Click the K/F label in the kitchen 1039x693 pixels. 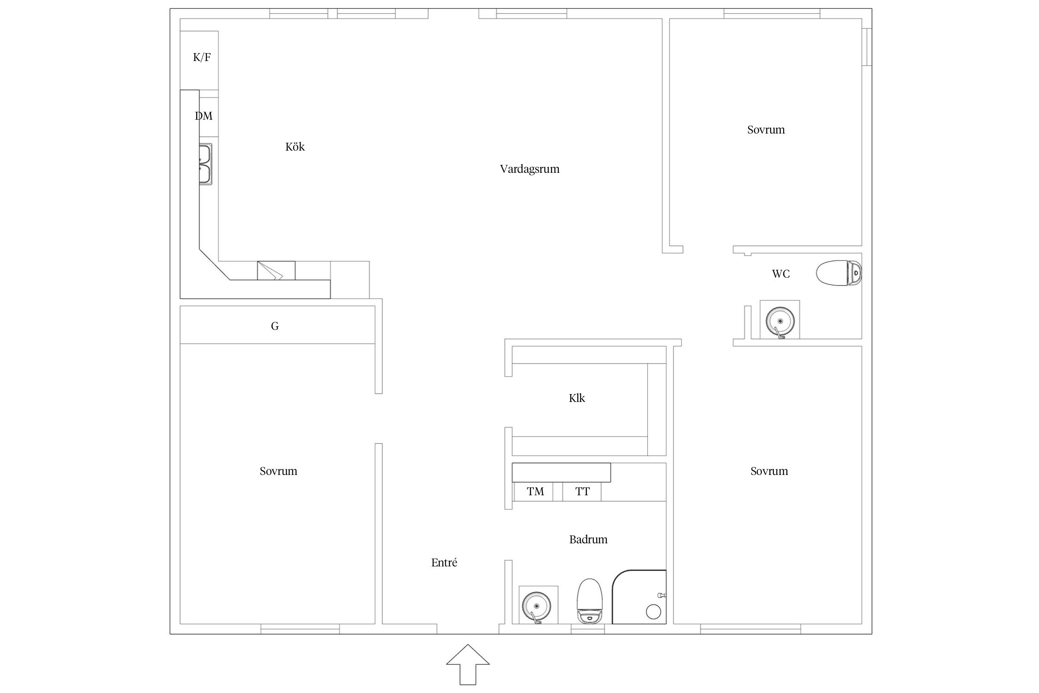pyautogui.click(x=202, y=57)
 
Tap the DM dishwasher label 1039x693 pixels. pyautogui.click(x=204, y=116)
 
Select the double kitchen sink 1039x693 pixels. pyautogui.click(x=206, y=164)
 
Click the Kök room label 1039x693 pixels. pyautogui.click(x=295, y=146)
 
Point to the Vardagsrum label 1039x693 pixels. pyautogui.click(x=530, y=169)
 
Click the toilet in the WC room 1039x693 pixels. pyautogui.click(x=839, y=274)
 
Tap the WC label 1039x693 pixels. pyautogui.click(x=781, y=274)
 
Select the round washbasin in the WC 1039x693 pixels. pyautogui.click(x=780, y=321)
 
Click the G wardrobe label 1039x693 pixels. pyautogui.click(x=275, y=327)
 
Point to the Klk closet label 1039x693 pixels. pyautogui.click(x=577, y=398)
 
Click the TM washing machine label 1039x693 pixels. pyautogui.click(x=536, y=492)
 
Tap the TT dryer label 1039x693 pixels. pyautogui.click(x=583, y=492)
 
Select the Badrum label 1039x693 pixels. pyautogui.click(x=588, y=540)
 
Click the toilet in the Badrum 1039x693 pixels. pyautogui.click(x=590, y=601)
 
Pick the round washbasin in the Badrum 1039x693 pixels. pyautogui.click(x=536, y=606)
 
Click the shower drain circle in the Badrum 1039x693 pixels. pyautogui.click(x=653, y=612)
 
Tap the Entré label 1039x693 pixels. pyautogui.click(x=444, y=563)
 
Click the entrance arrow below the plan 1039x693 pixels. pyautogui.click(x=468, y=664)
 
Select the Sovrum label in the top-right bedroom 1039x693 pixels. pyautogui.click(x=766, y=130)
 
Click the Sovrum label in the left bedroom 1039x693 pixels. pyautogui.click(x=278, y=471)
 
